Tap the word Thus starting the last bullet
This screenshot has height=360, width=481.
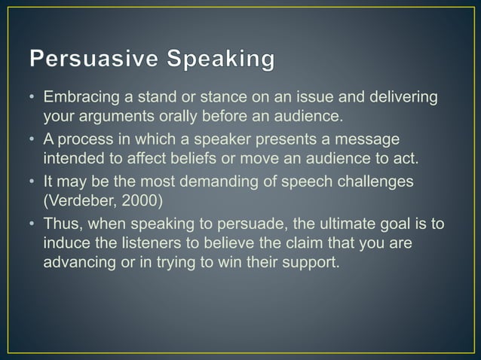61,224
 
